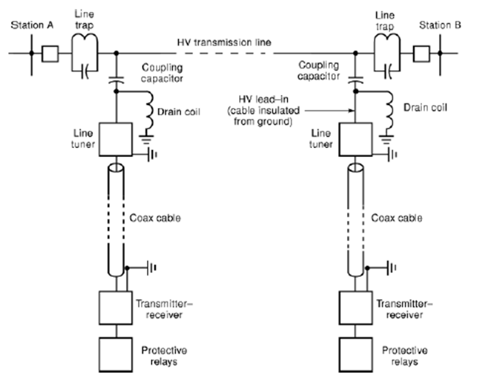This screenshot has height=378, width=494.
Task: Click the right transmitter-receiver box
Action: [355, 304]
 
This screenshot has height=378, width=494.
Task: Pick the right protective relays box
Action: [355, 350]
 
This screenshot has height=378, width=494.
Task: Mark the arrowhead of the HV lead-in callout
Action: [351, 112]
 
